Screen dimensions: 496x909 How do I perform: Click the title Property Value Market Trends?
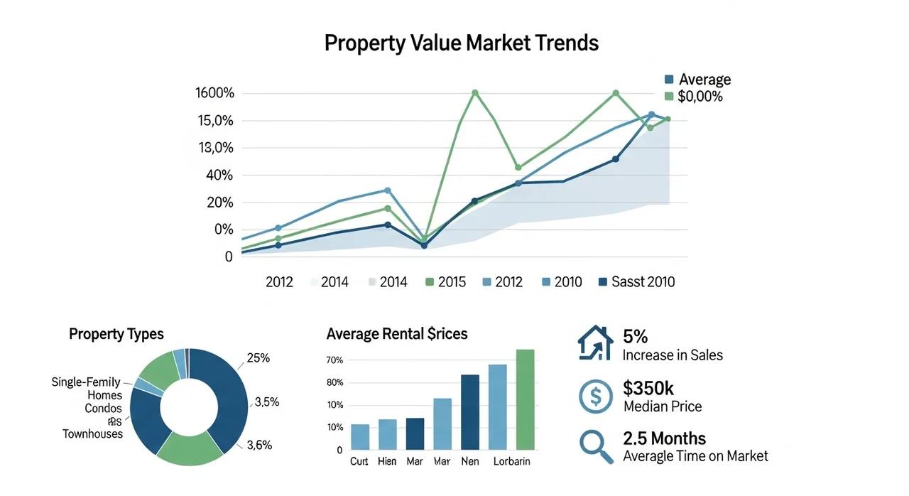click(x=461, y=43)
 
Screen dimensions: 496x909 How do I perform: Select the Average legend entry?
click(x=704, y=80)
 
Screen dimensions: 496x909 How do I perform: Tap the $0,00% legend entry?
click(x=700, y=96)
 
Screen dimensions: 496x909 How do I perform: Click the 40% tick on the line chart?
click(x=219, y=176)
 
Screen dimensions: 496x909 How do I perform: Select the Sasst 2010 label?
click(x=643, y=282)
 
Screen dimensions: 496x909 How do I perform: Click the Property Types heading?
click(x=116, y=334)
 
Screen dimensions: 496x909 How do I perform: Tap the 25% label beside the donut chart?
click(x=258, y=358)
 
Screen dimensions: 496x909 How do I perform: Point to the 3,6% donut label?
click(x=259, y=446)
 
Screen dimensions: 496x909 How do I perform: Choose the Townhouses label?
click(x=92, y=433)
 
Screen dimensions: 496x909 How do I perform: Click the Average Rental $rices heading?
click(x=397, y=334)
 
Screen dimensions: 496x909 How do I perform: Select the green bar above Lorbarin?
click(x=525, y=399)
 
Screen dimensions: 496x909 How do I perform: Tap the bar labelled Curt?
click(x=360, y=436)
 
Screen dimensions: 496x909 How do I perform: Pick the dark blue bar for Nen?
click(x=470, y=412)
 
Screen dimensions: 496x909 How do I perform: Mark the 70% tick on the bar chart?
click(x=334, y=360)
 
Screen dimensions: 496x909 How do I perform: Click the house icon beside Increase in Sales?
click(x=594, y=343)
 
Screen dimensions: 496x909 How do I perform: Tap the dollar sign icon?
click(x=595, y=396)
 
